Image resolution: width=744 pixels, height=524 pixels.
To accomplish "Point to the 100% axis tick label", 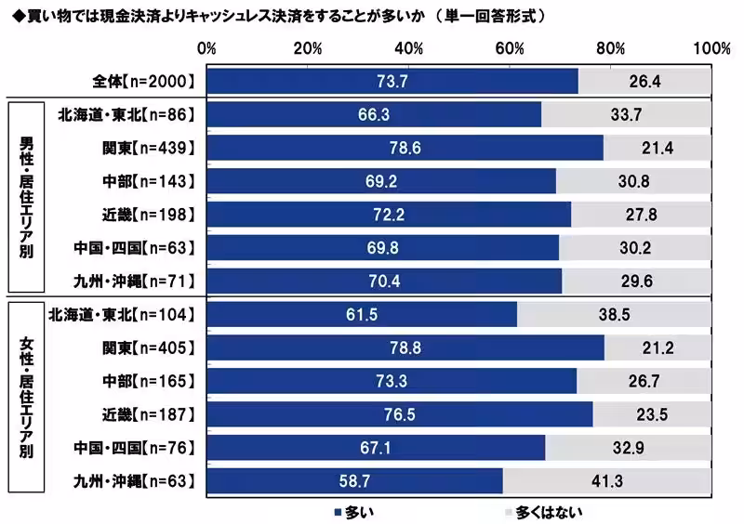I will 711,48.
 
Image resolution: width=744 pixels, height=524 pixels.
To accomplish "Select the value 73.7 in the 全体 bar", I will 391,82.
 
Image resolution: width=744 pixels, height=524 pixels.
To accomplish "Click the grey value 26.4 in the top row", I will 644,82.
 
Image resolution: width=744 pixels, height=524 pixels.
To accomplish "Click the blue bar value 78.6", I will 404,147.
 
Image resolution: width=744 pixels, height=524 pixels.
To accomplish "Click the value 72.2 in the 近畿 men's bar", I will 388,215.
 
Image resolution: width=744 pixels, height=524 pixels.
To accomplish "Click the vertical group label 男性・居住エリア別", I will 27,199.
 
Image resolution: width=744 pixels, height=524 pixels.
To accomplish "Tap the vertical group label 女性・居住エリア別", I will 27,398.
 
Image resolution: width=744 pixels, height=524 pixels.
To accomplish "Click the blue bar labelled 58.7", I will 354,481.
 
